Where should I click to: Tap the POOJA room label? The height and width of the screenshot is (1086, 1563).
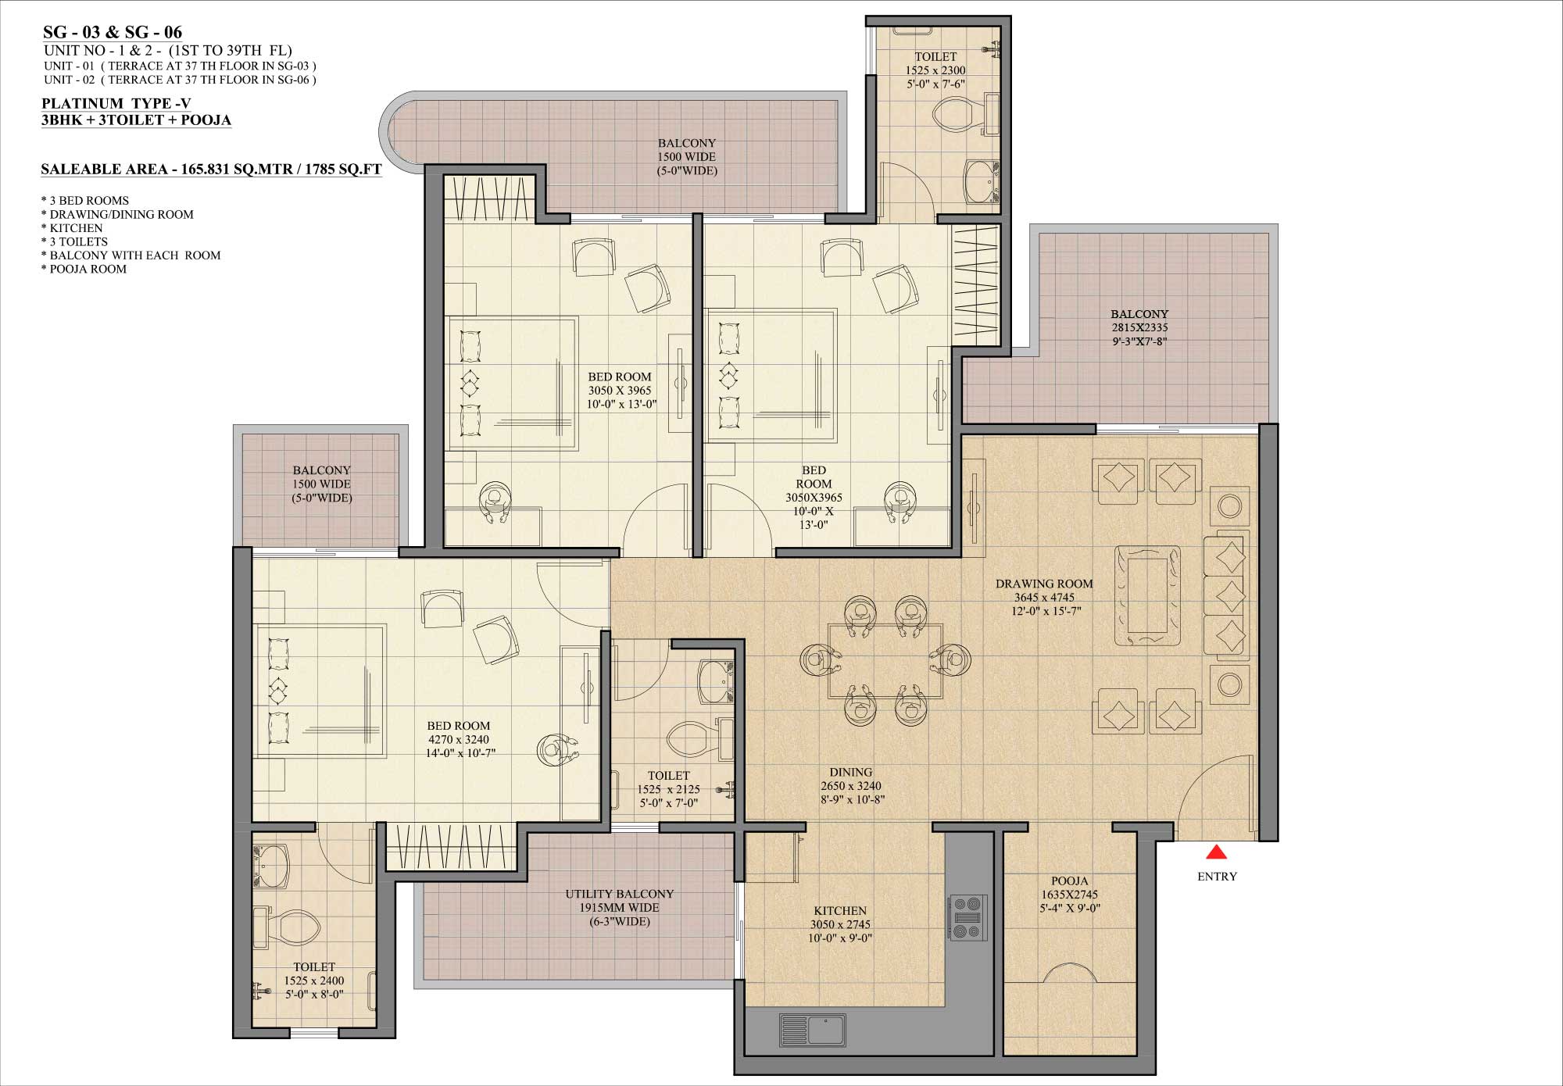click(1069, 881)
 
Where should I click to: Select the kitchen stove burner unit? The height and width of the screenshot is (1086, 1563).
click(967, 917)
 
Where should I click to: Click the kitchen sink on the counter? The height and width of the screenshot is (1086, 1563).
click(813, 1030)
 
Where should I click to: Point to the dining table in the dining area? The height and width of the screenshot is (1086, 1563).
click(885, 661)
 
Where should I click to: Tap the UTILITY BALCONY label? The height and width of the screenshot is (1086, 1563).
click(619, 894)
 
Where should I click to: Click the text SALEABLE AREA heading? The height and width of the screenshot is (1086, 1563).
click(211, 169)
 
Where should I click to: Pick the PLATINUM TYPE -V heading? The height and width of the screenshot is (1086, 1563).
click(116, 103)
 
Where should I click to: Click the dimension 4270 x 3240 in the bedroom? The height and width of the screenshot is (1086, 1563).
click(458, 739)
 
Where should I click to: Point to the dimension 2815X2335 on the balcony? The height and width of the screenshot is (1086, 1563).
click(1139, 327)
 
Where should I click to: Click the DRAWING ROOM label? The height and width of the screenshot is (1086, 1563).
click(1044, 584)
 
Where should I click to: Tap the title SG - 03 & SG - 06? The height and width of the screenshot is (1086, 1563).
click(113, 32)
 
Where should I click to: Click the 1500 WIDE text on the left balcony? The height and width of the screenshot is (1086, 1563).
click(321, 484)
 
